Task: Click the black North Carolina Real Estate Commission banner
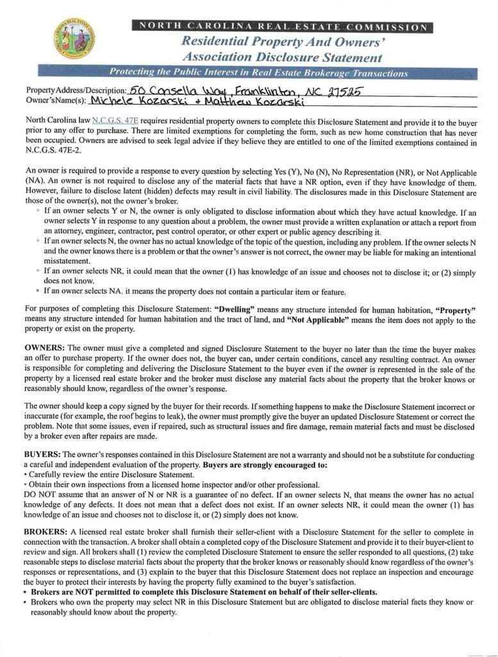pyautogui.click(x=282, y=26)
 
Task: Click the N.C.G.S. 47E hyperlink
pyautogui.click(x=115, y=120)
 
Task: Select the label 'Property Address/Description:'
pyautogui.click(x=76, y=91)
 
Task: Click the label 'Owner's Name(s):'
pyautogui.click(x=56, y=100)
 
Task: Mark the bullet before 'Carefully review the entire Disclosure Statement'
pyautogui.click(x=25, y=475)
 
